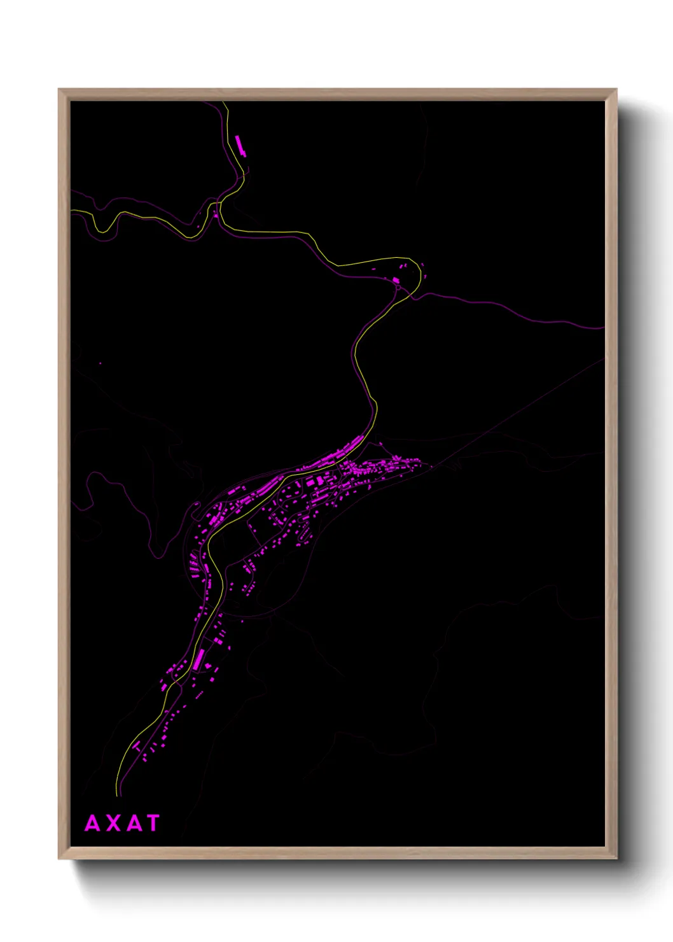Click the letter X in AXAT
coord(114,823)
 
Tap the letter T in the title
coord(153,823)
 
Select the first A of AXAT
coord(93,823)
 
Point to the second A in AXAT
coord(134,823)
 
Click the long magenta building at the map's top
coord(240,145)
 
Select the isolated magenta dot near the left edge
coord(100,363)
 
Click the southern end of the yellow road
coord(117,794)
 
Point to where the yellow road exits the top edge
coord(223,102)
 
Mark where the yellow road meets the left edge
coord(72,211)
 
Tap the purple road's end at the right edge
coord(602,328)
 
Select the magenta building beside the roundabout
coord(396,280)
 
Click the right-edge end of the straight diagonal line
coord(603,358)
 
